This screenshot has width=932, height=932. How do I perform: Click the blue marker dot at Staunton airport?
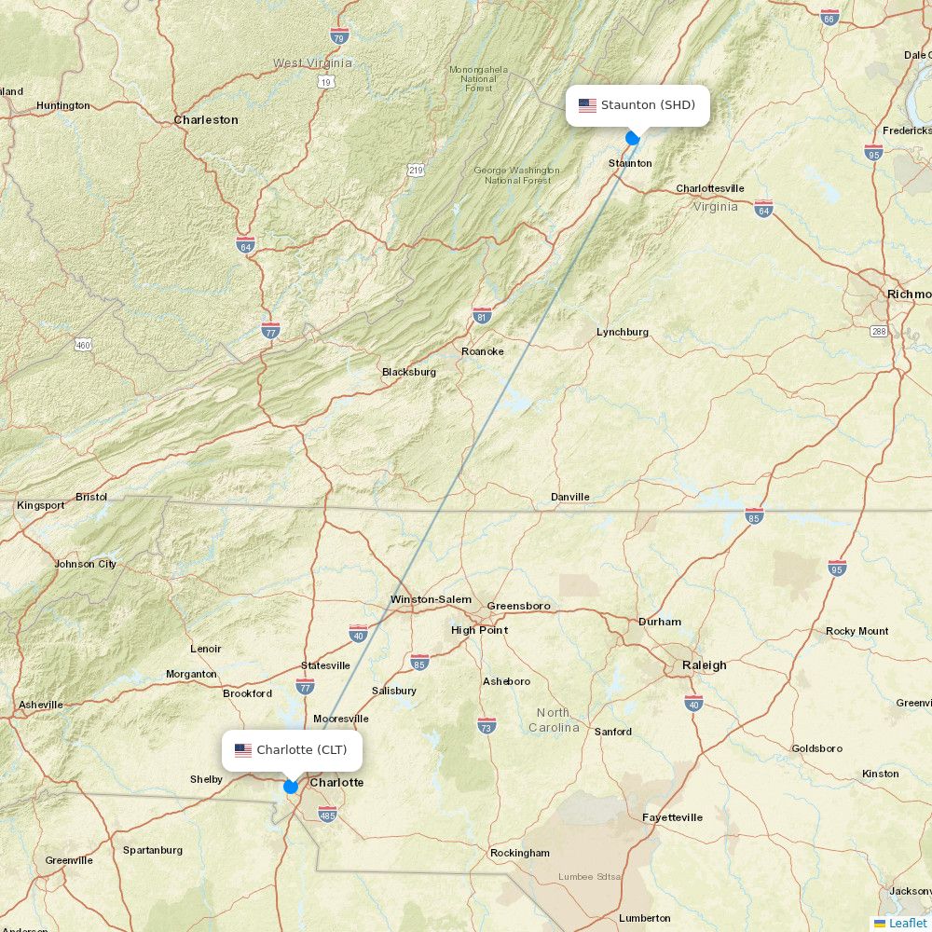(x=633, y=138)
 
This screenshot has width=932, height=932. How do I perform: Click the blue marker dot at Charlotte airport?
(x=291, y=787)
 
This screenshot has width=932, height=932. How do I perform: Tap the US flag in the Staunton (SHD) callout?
(x=587, y=105)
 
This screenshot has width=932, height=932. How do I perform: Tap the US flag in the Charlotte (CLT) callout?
(x=243, y=750)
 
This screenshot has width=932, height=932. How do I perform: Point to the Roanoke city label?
(x=483, y=351)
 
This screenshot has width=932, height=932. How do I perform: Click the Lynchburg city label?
(x=623, y=332)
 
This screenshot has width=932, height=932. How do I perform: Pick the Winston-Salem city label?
(x=431, y=599)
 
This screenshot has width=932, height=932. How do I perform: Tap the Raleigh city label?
(x=704, y=665)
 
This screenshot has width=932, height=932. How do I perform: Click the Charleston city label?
(x=206, y=120)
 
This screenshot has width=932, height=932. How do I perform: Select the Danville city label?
(x=569, y=497)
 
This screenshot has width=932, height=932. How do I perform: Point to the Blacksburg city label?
(x=408, y=372)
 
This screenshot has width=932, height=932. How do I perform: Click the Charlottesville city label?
(x=709, y=188)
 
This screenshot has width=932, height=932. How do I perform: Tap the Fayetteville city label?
(x=672, y=817)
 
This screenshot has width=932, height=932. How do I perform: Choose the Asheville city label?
(x=40, y=705)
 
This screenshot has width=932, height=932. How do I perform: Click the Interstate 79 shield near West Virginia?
(x=339, y=35)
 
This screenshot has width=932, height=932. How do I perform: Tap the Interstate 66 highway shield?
(x=829, y=17)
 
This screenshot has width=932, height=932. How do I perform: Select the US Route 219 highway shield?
(x=416, y=170)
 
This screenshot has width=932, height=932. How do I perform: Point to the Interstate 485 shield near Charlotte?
(x=326, y=815)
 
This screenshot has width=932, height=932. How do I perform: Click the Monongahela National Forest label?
(x=478, y=78)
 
